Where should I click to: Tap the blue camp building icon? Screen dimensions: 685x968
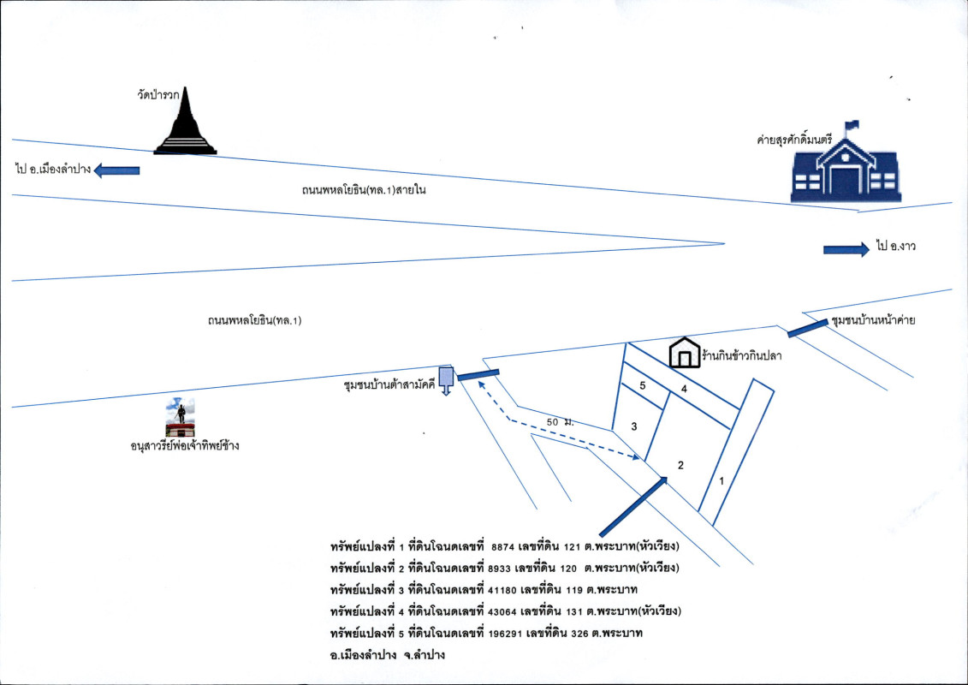[844, 171]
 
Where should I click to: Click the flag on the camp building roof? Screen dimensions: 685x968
[850, 126]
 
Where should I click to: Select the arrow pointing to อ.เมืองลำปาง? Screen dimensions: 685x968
[116, 170]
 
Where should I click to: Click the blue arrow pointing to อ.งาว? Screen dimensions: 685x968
[846, 249]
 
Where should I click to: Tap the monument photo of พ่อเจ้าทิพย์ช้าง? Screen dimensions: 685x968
[180, 417]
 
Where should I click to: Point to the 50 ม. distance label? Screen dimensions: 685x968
[559, 422]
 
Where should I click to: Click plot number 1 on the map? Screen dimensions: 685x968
[722, 481]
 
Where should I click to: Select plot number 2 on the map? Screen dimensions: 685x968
[680, 465]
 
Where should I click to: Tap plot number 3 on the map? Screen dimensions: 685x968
[634, 426]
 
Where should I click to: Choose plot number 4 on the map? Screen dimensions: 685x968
[683, 389]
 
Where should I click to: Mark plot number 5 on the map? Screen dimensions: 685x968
[644, 386]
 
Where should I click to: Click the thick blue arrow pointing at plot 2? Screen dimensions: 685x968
[632, 506]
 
